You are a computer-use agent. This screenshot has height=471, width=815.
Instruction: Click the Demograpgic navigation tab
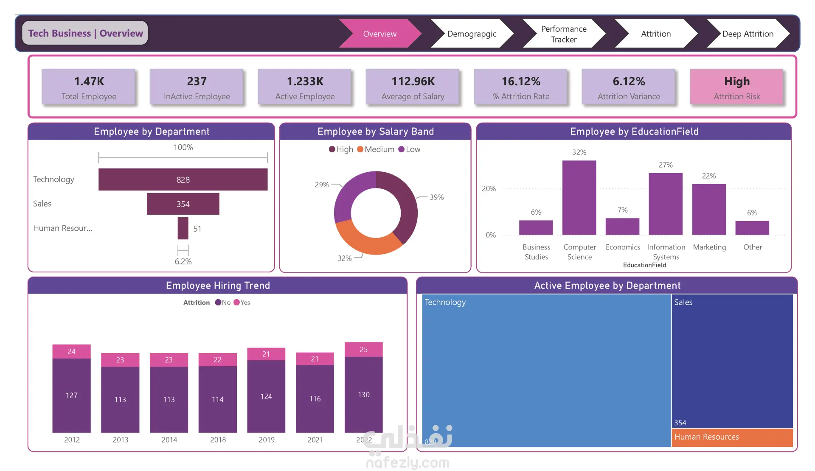[472, 34]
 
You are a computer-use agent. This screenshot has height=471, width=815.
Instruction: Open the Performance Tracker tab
[564, 34]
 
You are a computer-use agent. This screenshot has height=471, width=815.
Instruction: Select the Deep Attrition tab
[748, 34]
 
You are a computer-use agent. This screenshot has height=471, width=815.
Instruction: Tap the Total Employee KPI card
[89, 87]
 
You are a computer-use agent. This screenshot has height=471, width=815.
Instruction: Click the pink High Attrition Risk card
[736, 87]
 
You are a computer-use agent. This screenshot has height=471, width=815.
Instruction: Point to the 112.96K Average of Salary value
[413, 81]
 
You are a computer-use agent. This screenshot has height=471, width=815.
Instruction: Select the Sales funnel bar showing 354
[183, 204]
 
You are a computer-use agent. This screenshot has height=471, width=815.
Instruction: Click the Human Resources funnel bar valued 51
[183, 228]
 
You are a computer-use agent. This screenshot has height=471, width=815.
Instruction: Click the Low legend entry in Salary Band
[409, 149]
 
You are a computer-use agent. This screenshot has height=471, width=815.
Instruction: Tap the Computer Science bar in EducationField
[579, 198]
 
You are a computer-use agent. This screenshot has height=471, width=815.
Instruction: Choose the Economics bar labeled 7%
[622, 227]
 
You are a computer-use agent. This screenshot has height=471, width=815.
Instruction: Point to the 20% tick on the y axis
[489, 188]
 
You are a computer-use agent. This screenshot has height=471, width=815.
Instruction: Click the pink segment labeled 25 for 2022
[364, 350]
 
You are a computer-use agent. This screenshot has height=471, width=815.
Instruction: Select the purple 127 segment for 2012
[71, 395]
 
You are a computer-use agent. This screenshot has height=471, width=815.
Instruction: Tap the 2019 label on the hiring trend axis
[267, 440]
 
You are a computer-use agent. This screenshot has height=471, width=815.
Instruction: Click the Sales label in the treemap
[683, 302]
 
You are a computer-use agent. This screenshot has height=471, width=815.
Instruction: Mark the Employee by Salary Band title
[376, 132]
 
